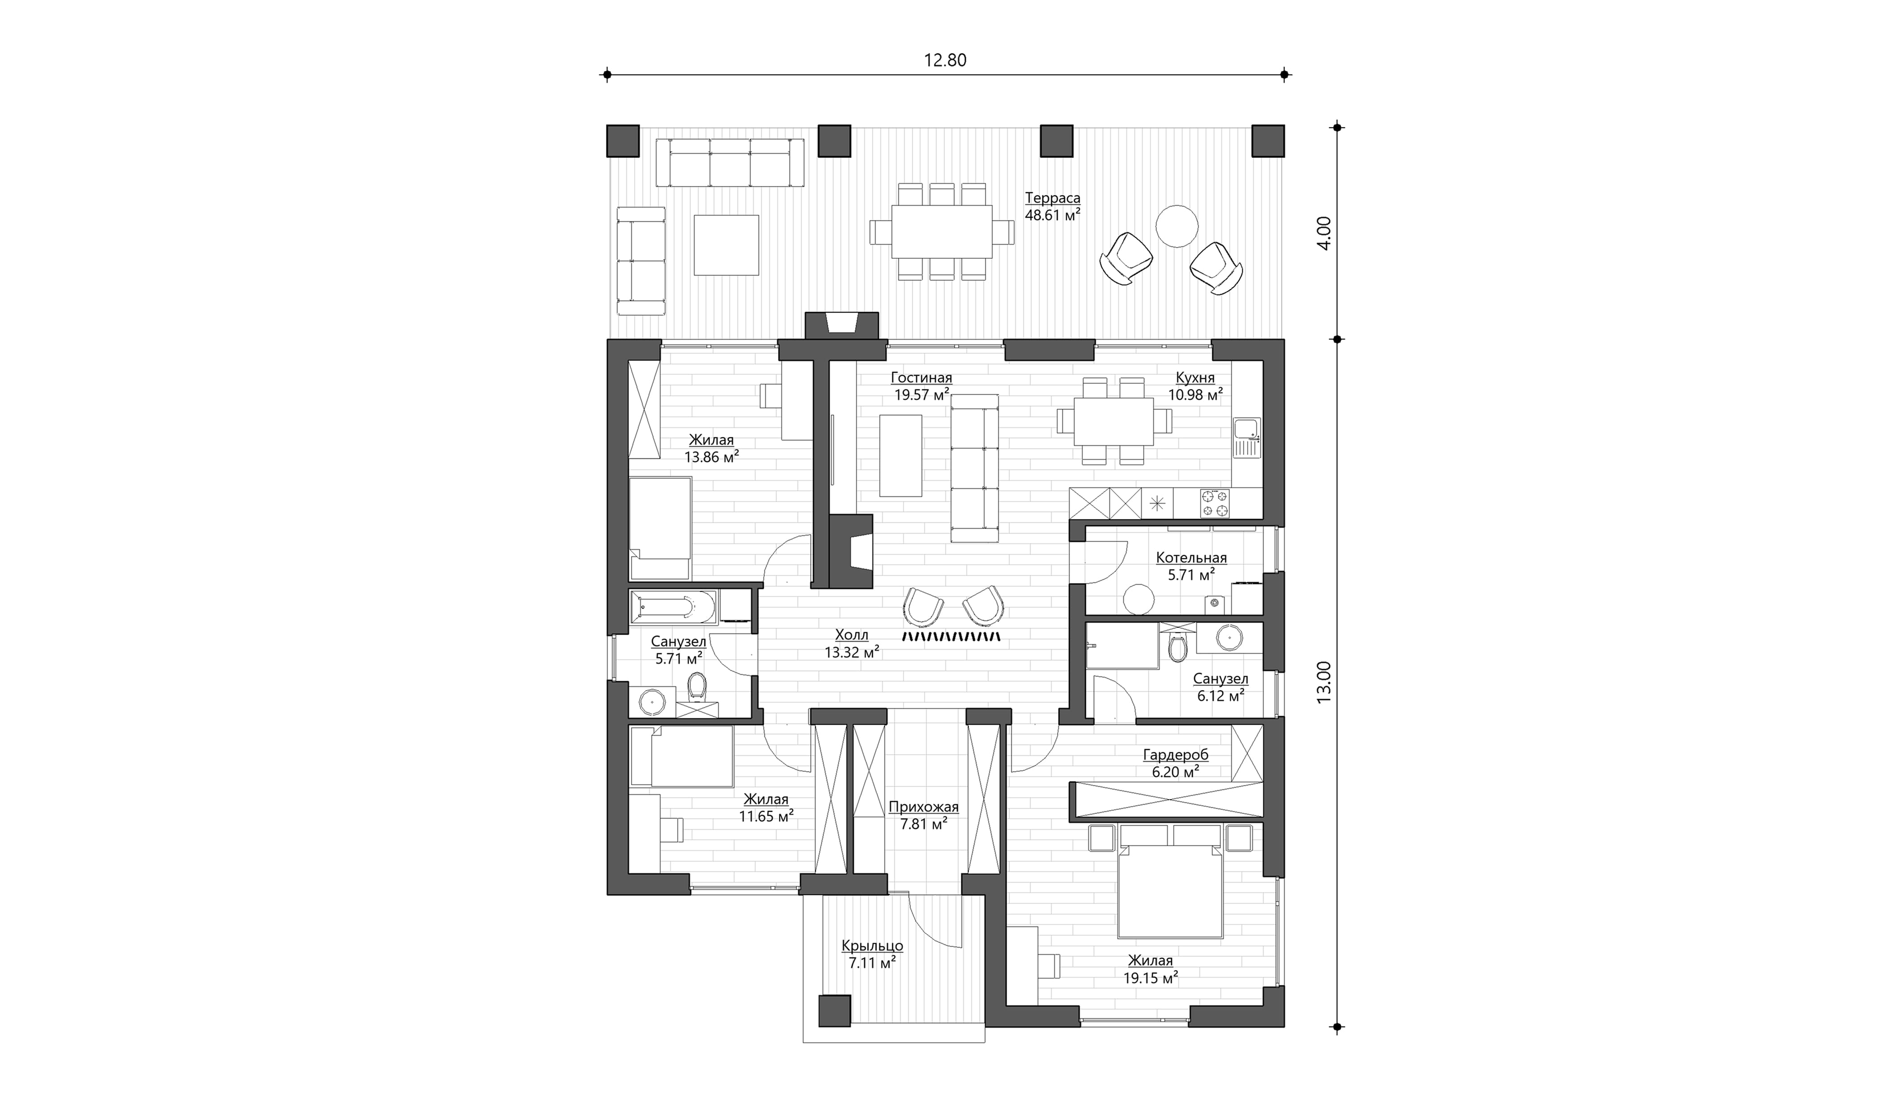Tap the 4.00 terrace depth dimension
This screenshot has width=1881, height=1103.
point(1324,233)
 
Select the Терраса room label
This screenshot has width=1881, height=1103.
point(1053,198)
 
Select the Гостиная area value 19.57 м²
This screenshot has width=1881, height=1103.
point(922,395)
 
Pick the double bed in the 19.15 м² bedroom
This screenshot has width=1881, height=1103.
point(1169,881)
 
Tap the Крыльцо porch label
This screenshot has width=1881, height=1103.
point(872,946)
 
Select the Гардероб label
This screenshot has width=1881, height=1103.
point(1176,754)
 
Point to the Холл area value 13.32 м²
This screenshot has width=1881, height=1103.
point(852,652)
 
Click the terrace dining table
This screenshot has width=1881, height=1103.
point(941,231)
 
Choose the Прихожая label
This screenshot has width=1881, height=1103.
point(923,807)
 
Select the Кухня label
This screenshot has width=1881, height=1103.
point(1195,378)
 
